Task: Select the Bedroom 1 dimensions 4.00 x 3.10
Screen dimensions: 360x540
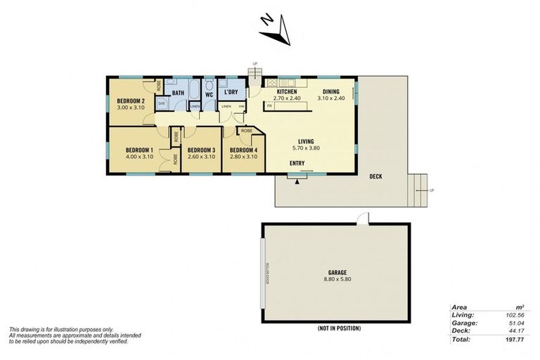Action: coord(139,157)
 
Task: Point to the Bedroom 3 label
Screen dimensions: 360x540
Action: coord(200,150)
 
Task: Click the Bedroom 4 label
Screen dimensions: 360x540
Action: coord(243,150)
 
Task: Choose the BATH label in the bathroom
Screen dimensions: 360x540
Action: coord(178,93)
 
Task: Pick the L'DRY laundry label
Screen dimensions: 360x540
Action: coord(231,93)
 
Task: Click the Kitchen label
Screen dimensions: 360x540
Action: coord(286,92)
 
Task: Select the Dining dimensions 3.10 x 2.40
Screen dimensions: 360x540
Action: coord(330,98)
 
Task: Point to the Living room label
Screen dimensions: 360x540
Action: coord(305,141)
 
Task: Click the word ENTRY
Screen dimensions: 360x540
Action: coord(297,163)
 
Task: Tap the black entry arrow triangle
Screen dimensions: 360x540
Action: coord(297,181)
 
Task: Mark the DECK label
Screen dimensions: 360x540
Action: coord(375,176)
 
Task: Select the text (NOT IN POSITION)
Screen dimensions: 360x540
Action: coord(338,328)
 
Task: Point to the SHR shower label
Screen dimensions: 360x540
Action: coord(160,103)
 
